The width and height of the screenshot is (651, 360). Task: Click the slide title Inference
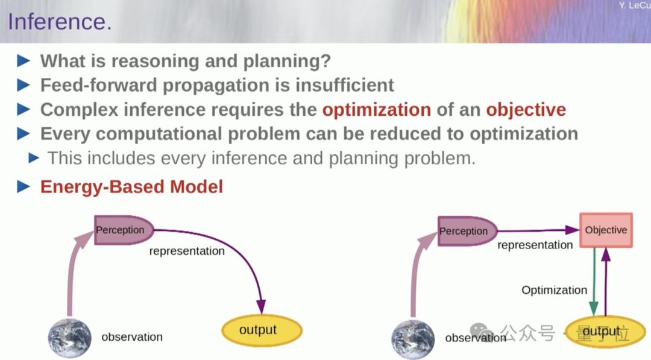(x=60, y=22)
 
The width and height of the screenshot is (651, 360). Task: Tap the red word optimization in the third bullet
(x=377, y=110)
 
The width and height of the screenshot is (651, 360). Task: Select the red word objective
(x=526, y=110)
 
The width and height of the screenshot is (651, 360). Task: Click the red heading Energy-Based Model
(x=131, y=187)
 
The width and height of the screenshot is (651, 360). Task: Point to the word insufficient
(x=345, y=85)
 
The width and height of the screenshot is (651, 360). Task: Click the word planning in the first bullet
(x=287, y=62)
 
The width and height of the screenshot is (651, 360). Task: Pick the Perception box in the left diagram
(x=124, y=230)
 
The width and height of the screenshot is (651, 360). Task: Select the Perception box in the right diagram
(x=467, y=231)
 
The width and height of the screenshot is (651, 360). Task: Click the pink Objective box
(x=606, y=230)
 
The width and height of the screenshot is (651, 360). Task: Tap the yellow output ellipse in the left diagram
(x=262, y=330)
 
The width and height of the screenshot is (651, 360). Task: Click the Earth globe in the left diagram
(x=69, y=338)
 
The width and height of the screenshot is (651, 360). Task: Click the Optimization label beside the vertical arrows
(x=555, y=290)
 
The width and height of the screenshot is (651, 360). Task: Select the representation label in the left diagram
(x=187, y=251)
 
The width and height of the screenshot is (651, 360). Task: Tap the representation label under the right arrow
(x=535, y=245)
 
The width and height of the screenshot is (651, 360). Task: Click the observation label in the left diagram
(x=132, y=336)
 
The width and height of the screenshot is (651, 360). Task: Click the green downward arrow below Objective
(x=594, y=282)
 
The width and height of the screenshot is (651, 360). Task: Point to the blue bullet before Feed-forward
(x=24, y=85)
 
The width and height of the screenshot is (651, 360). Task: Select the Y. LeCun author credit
(x=634, y=5)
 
